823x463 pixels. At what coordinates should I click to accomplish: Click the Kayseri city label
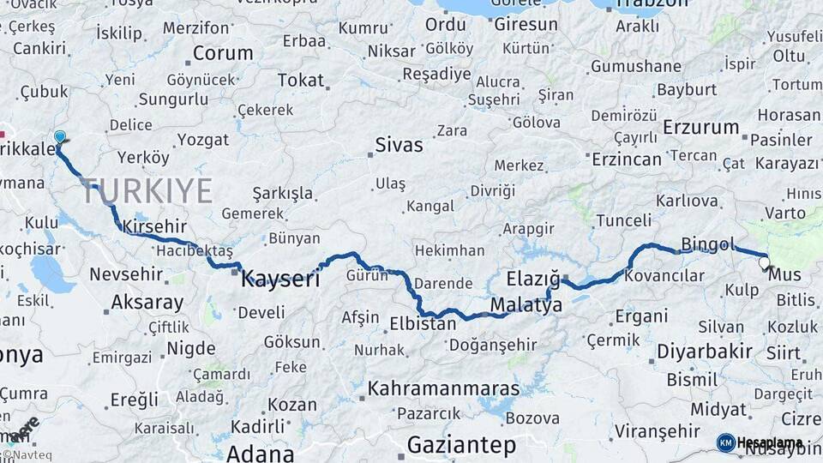point(280,279)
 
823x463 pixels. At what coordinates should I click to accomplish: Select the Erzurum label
point(700,128)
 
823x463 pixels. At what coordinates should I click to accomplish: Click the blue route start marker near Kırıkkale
point(59,136)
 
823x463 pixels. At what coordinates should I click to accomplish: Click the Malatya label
point(526,305)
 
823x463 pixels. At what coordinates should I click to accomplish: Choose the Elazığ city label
point(532,279)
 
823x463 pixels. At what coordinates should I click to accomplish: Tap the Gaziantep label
point(461,445)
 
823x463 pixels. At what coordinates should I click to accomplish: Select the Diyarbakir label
point(705,351)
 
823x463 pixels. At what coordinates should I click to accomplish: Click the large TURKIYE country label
point(147,190)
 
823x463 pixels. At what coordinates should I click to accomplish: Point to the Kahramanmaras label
point(443,388)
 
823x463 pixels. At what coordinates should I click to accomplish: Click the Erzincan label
point(627,159)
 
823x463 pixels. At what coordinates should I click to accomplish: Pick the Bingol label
point(708,245)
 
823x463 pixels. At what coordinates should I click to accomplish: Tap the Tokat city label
point(301,81)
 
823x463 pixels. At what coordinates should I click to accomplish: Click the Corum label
point(222,53)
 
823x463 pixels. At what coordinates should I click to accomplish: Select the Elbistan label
point(423,325)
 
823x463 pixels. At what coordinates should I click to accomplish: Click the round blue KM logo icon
point(725,442)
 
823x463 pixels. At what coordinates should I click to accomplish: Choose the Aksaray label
point(147,303)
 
